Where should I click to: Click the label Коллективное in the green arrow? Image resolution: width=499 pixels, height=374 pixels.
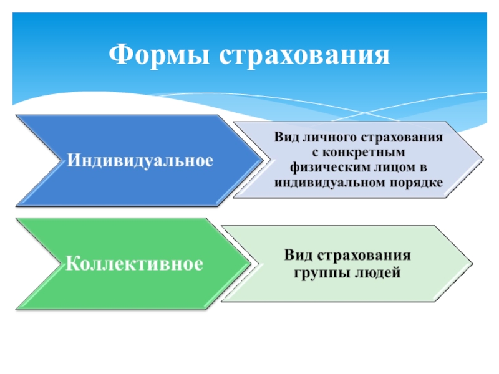(135, 264)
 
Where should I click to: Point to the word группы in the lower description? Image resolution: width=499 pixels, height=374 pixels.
(317, 272)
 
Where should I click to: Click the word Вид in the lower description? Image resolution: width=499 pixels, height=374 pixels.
(297, 256)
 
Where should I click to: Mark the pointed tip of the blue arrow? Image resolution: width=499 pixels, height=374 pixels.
(261, 160)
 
